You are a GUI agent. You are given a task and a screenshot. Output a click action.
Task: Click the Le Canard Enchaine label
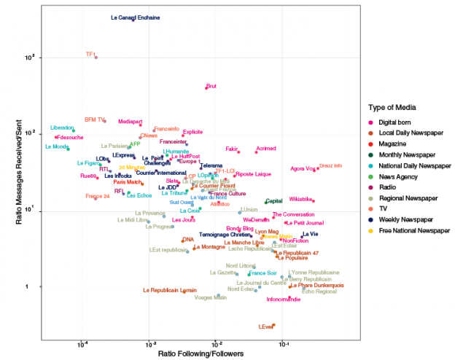(131, 17)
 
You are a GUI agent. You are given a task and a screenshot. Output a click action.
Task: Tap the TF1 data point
(96, 57)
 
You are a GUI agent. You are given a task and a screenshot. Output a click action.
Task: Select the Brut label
(211, 86)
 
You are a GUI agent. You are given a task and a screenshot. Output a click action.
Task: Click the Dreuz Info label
(331, 166)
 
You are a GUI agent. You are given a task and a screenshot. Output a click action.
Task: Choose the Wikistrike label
(301, 199)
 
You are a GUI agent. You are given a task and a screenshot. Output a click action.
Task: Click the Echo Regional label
(319, 291)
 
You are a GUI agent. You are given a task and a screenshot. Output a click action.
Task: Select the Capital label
(274, 201)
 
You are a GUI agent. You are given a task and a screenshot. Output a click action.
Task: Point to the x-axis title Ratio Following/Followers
(201, 353)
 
